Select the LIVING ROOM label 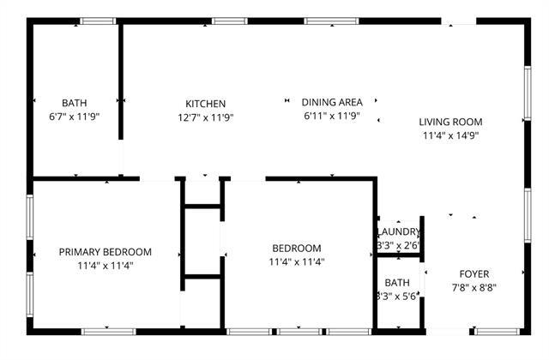click(x=450, y=121)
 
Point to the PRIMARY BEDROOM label click(x=105, y=252)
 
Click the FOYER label click(x=474, y=274)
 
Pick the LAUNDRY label click(x=398, y=232)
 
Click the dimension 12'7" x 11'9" click(x=206, y=117)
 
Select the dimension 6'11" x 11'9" click(x=330, y=116)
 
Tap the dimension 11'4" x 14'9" click(x=450, y=135)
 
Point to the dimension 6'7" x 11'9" click(x=74, y=117)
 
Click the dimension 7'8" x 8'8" click(x=474, y=288)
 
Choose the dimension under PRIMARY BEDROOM click(x=105, y=266)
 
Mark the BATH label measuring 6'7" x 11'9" click(x=74, y=104)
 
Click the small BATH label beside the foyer click(x=397, y=283)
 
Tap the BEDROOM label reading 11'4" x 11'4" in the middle click(x=296, y=249)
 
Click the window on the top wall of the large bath click(x=98, y=21)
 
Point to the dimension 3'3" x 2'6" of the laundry click(x=398, y=246)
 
